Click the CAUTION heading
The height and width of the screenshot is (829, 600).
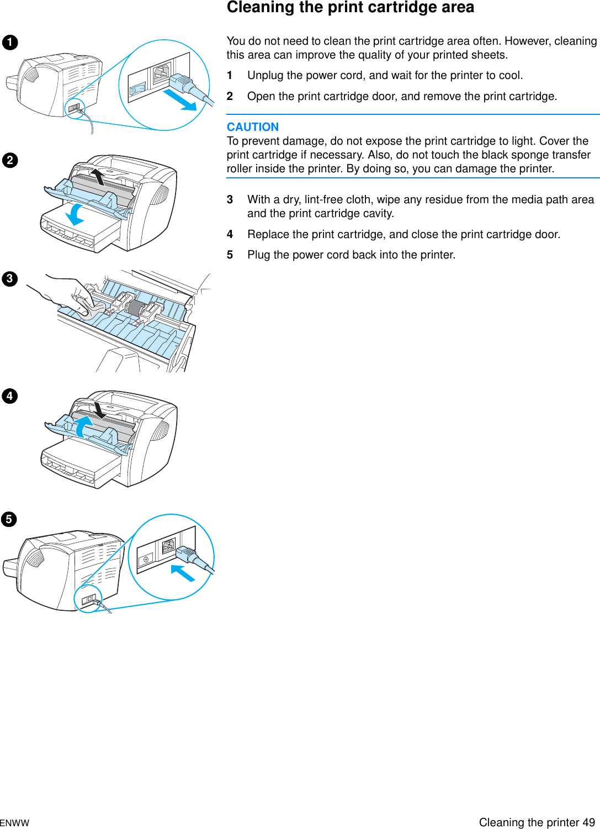[x=253, y=127]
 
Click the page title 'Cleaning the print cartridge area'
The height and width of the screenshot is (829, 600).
[x=351, y=7]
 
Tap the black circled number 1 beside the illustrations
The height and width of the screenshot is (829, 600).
[x=10, y=43]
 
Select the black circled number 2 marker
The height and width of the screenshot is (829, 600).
[x=10, y=161]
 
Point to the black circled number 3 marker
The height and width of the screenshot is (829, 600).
[x=10, y=279]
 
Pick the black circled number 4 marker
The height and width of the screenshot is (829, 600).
[x=10, y=396]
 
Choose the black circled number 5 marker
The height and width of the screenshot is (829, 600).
[x=9, y=519]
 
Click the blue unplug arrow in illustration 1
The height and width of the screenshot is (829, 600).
[x=180, y=101]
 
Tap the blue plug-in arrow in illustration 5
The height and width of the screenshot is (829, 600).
[x=183, y=573]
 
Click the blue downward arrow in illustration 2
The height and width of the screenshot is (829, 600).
[x=74, y=215]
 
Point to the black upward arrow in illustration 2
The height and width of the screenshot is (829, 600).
[x=98, y=177]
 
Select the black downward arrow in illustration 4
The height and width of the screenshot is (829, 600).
[x=99, y=410]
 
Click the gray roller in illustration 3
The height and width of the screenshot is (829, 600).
[x=135, y=308]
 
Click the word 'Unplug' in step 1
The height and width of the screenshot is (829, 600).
[x=266, y=76]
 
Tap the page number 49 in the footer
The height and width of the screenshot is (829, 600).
[x=588, y=822]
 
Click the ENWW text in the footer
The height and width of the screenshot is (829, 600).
[x=14, y=823]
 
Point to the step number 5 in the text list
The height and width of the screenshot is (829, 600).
[x=230, y=255]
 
